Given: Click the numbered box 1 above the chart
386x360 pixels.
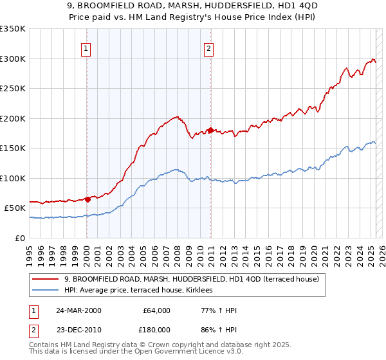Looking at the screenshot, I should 86,47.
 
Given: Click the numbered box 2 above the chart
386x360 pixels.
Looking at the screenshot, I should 210,47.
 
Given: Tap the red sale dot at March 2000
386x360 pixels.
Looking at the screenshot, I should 87,199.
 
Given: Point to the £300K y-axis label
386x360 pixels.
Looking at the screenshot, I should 13,59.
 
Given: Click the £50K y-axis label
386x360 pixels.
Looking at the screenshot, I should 15,208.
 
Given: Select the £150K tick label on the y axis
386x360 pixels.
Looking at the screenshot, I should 13,148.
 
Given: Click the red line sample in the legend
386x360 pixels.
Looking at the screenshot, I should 46,279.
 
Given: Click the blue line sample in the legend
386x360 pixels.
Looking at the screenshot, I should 46,291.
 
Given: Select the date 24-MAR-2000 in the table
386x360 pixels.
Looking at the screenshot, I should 79,310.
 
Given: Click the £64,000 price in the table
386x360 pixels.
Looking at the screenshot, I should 156,310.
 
